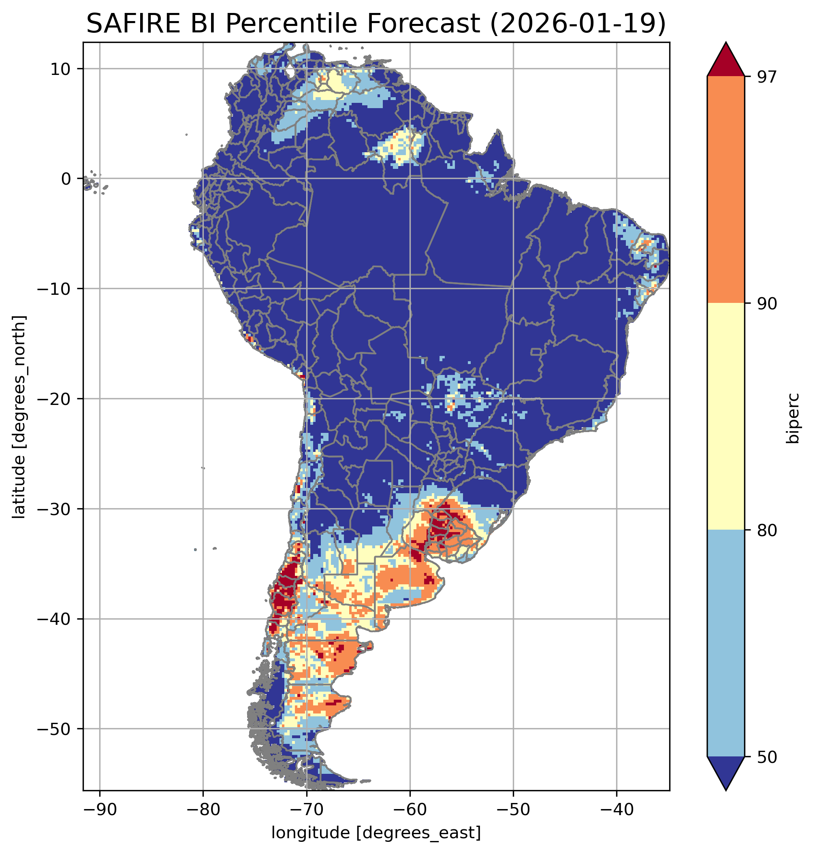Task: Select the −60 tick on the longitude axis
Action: coord(410,809)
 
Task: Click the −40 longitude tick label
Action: coord(616,809)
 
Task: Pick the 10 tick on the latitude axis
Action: coord(60,69)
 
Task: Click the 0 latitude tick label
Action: coord(66,179)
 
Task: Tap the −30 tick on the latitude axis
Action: coord(54,509)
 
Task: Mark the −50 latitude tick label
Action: coord(54,729)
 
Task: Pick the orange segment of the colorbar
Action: coord(726,190)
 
